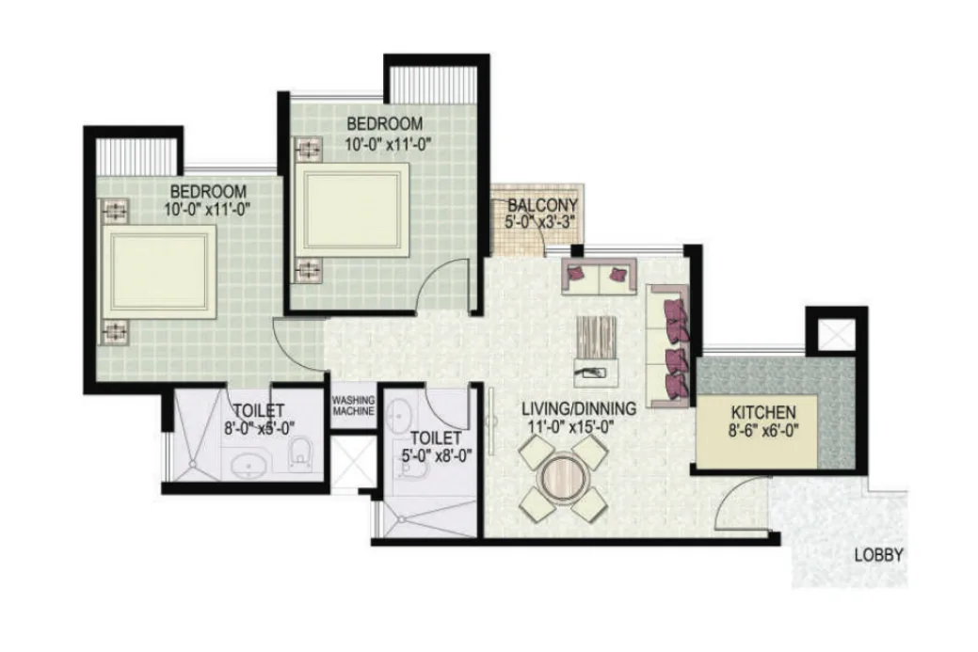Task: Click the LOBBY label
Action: (x=878, y=555)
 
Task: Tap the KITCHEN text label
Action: (x=762, y=413)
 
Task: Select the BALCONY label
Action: (x=542, y=205)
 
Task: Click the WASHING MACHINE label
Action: (x=353, y=406)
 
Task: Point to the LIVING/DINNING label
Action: (x=579, y=409)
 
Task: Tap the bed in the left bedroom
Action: (x=158, y=272)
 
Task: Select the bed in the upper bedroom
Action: (x=352, y=210)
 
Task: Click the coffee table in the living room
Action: (x=596, y=352)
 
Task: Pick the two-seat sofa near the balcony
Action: (x=599, y=276)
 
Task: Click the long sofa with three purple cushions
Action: (x=668, y=346)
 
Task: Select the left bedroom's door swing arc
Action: (x=298, y=343)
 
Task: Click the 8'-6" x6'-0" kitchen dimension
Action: (x=763, y=430)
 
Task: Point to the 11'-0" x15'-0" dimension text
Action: (x=571, y=427)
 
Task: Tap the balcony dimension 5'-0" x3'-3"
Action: (x=539, y=221)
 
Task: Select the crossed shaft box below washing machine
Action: (x=353, y=461)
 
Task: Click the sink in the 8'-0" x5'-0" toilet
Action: (x=249, y=466)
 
